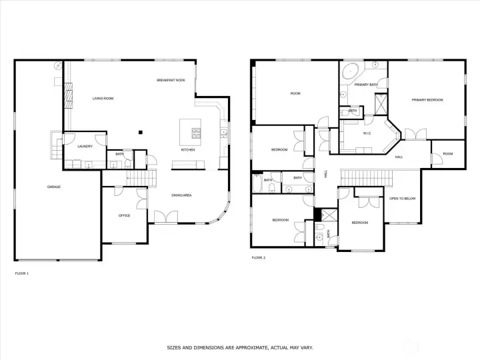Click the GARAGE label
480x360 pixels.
tap(54, 187)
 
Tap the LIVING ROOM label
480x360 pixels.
tap(103, 99)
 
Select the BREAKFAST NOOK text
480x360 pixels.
tap(171, 80)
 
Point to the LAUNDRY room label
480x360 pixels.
tap(85, 146)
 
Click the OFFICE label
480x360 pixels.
tap(124, 215)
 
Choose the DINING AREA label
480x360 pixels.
tap(181, 195)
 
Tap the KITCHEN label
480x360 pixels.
tap(188, 150)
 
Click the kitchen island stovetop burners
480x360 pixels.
tap(196, 133)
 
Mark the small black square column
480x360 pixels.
tap(141, 132)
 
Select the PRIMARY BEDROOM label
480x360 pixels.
tap(427, 100)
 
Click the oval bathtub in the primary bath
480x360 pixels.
tap(350, 71)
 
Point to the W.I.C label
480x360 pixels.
tap(367, 133)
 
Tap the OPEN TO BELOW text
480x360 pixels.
tap(402, 199)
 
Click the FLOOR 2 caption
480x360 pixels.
tap(259, 258)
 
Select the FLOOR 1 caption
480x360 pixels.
tap(22, 273)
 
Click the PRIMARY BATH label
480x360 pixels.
tap(365, 85)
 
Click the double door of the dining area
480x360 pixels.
tap(165, 217)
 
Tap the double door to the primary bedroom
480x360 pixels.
tap(416, 134)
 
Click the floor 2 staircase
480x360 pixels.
tap(367, 178)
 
